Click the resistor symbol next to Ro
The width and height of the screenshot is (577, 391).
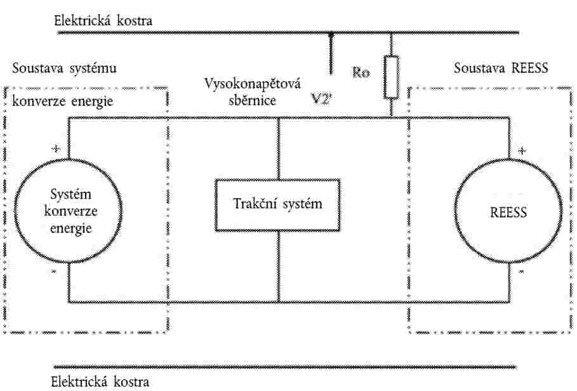[x=391, y=77]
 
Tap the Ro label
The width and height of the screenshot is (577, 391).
[x=361, y=72]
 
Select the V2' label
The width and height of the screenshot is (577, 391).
[x=321, y=99]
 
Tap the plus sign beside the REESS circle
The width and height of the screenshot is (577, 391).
[x=522, y=150]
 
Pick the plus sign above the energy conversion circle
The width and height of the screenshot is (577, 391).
[x=56, y=149]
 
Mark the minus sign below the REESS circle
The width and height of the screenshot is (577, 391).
[x=521, y=272]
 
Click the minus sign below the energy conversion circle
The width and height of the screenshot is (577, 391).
[x=53, y=272]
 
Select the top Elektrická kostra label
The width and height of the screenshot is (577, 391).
[x=103, y=20]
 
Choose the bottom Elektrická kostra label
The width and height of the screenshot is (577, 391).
[x=100, y=382]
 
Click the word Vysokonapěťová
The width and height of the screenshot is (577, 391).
[x=253, y=84]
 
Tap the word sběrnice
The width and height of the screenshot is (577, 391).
[x=253, y=100]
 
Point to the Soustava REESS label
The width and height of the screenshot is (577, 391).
[x=501, y=68]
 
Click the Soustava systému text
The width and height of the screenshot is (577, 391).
[x=64, y=69]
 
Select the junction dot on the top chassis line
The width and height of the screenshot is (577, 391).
[x=331, y=34]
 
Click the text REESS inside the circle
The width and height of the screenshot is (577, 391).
[x=508, y=212]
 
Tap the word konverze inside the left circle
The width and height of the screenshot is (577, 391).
[x=70, y=211]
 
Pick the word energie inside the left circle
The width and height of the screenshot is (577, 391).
[x=70, y=229]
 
